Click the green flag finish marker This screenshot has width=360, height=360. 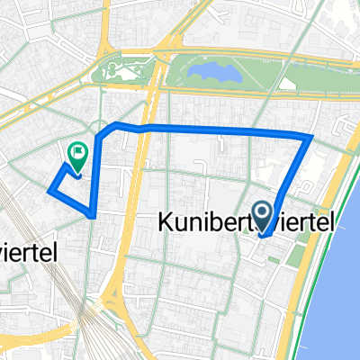point(76,157)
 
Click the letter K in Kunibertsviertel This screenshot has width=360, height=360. point(166,220)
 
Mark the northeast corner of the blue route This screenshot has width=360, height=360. point(310,138)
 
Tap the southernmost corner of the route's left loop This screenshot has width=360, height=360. point(94,215)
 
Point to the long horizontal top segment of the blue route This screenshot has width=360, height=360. point(225,130)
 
